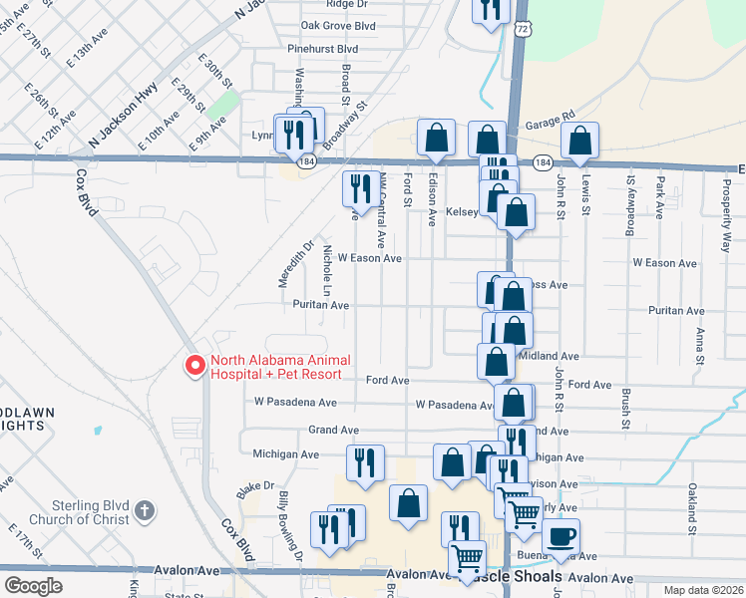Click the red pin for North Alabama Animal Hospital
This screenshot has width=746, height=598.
click(194, 366)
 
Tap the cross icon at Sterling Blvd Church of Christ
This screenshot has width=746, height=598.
click(145, 511)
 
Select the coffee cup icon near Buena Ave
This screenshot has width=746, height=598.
click(561, 538)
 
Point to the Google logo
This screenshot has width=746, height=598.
click(34, 585)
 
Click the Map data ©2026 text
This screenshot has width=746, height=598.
click(703, 590)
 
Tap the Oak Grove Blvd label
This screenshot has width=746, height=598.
click(337, 26)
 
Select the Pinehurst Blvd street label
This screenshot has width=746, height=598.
click(322, 48)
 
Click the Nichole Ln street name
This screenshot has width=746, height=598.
click(326, 272)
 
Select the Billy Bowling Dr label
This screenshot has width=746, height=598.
click(290, 526)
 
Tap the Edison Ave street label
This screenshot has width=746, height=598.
click(433, 200)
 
